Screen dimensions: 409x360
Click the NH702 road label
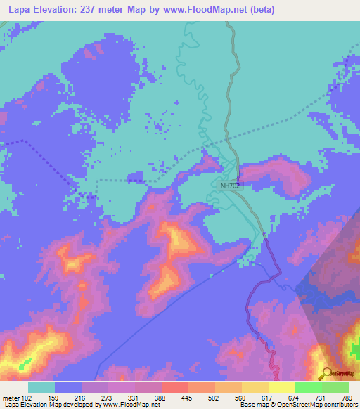229,186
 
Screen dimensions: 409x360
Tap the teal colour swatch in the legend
41,387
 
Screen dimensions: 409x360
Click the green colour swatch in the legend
308,387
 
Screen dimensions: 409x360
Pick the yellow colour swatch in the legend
255,387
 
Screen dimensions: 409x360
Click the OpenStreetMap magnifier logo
326,373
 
